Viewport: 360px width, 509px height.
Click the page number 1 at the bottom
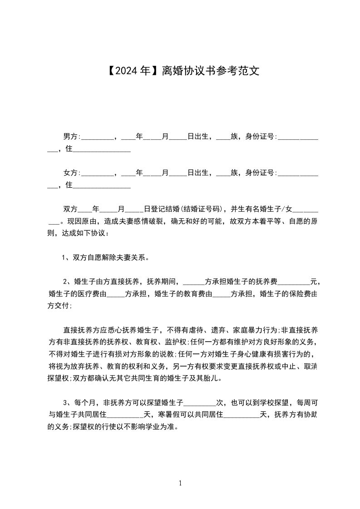(180, 483)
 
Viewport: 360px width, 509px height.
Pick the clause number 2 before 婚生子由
(65, 282)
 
